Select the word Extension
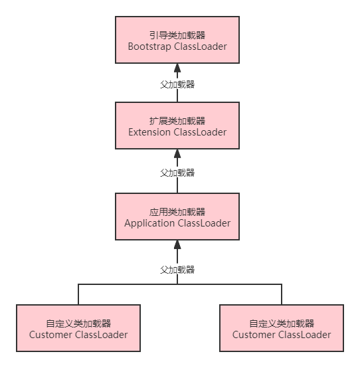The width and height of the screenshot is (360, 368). click(149, 132)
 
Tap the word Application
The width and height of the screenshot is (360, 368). click(149, 223)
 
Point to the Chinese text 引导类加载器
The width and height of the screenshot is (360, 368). click(177, 35)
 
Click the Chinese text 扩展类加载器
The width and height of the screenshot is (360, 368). click(177, 121)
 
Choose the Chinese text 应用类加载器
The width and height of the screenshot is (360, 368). click(177, 212)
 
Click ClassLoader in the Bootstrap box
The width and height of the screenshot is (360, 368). click(199, 46)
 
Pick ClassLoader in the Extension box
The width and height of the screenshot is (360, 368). click(200, 132)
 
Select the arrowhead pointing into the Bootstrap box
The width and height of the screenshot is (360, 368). click(177, 68)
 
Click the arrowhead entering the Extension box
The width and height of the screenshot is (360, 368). click(177, 153)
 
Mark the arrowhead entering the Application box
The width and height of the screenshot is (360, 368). click(177, 244)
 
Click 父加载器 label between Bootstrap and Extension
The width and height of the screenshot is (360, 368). click(177, 84)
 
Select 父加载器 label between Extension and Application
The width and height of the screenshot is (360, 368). click(177, 172)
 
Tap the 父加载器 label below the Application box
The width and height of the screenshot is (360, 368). click(177, 269)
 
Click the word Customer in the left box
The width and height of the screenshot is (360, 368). click(50, 334)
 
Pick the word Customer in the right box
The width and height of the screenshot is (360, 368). click(254, 334)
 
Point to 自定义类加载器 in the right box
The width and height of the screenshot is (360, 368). click(282, 323)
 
